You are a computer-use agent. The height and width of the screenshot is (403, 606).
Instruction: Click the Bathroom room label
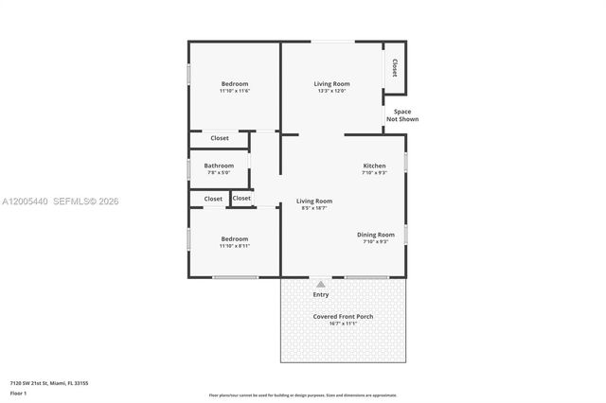(219, 166)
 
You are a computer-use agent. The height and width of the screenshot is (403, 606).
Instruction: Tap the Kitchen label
(374, 166)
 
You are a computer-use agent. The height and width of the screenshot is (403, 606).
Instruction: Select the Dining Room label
(375, 235)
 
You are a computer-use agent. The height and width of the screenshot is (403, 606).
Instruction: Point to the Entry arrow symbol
(320, 284)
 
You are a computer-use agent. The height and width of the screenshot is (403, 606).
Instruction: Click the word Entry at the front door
(321, 294)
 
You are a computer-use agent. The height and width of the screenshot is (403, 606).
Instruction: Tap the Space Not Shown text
(402, 115)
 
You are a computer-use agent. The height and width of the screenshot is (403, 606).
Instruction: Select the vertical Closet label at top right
(394, 68)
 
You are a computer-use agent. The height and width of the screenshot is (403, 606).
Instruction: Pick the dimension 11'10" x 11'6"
(234, 92)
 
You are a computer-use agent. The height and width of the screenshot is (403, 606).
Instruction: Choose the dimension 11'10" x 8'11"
(234, 245)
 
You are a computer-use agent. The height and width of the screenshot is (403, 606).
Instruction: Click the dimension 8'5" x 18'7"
(314, 208)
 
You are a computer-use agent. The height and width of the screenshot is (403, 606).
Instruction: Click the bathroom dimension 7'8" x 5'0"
(219, 173)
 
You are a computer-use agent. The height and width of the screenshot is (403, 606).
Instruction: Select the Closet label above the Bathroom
(220, 138)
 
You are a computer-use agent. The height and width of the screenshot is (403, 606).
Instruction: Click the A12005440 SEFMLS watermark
(60, 201)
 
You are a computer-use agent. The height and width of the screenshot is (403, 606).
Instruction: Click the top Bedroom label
(234, 83)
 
